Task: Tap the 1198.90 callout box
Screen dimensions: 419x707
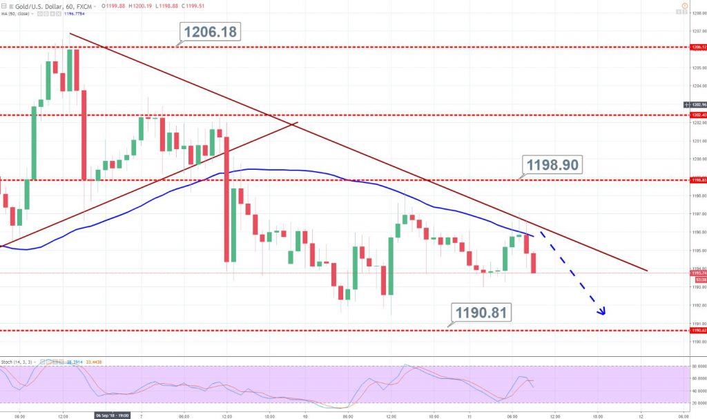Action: tap(554, 164)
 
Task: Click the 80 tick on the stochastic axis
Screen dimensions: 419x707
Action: tap(697, 367)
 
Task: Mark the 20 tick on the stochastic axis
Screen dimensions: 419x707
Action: tap(697, 402)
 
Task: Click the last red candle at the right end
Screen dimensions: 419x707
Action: tap(534, 262)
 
